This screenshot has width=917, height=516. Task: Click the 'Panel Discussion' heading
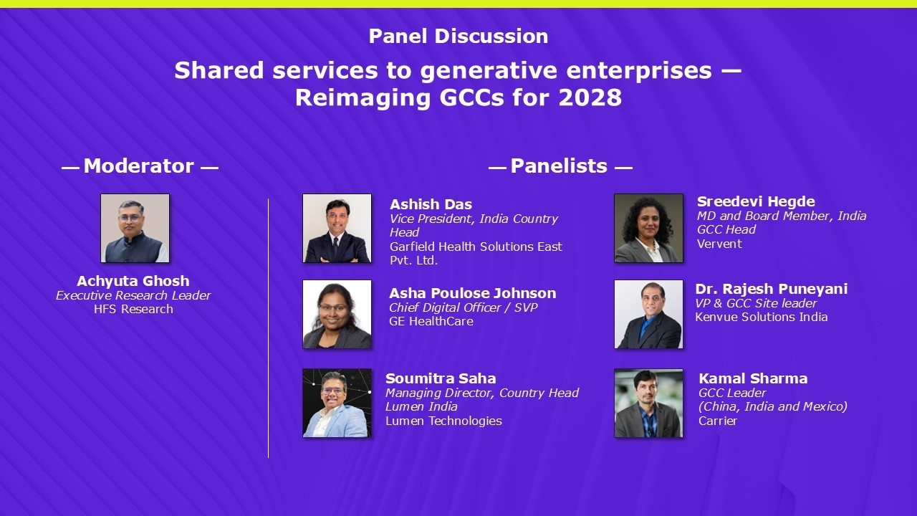pos(458,36)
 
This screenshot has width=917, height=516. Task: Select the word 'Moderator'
pos(139,166)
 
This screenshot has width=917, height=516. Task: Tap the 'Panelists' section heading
pos(559,166)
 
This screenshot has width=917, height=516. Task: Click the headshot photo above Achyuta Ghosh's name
pos(135,228)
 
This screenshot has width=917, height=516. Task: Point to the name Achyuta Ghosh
pos(133,281)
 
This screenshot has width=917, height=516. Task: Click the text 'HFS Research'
pos(133,309)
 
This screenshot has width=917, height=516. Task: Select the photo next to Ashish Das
pos(337,228)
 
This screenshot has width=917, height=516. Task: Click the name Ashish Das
pos(431,204)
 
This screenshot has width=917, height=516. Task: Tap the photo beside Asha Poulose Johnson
pos(337,314)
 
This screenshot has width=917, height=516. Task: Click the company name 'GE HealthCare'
pos(431,321)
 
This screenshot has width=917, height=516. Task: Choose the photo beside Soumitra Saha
pos(337,403)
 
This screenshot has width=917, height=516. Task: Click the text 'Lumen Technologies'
pos(443,421)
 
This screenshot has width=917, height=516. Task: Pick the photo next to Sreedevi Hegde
pos(648,228)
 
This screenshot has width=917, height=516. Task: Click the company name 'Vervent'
pos(719,244)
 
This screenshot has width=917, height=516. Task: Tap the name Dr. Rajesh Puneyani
pos(771,289)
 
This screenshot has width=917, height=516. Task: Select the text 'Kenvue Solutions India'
pos(761,317)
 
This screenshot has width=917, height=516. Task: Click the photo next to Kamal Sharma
pos(648,403)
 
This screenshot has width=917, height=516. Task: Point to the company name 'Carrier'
pos(718,421)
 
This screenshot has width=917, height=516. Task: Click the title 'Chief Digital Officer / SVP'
pos(463,307)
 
